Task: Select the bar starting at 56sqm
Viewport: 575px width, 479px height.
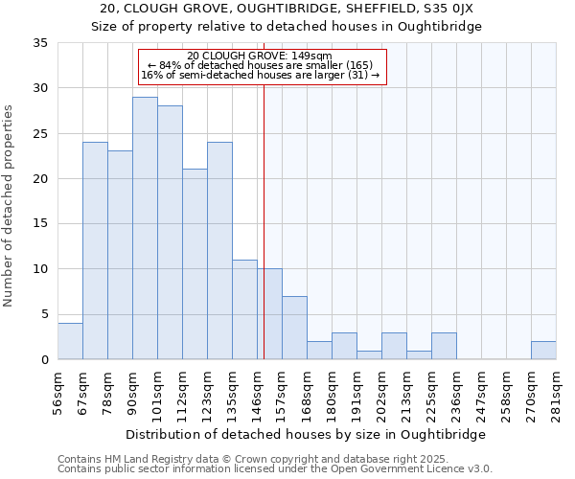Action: point(70,341)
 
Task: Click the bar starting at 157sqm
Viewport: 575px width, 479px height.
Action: point(294,328)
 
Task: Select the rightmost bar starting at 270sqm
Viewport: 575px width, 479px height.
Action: point(543,351)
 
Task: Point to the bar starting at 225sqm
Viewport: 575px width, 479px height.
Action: point(444,346)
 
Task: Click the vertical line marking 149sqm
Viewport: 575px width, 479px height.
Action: point(264,220)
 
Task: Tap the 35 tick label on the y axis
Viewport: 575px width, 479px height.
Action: point(40,43)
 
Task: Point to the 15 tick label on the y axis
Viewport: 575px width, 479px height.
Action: point(40,224)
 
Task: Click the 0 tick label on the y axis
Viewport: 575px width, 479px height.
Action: point(44,360)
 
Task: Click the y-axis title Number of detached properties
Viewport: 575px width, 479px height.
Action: point(10,206)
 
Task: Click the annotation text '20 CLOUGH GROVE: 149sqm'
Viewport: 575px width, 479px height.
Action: point(260,56)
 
